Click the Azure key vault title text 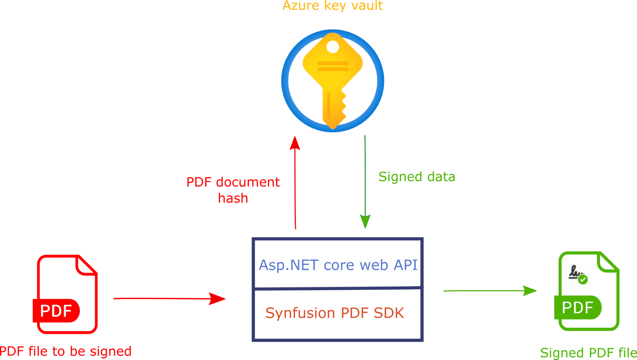[332, 6]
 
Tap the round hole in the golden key [332, 47]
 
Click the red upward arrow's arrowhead [295, 143]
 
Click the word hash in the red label [233, 198]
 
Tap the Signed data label [417, 177]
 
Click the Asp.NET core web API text [338, 265]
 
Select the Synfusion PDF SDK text [335, 313]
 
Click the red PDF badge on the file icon [56, 311]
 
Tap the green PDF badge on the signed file [578, 307]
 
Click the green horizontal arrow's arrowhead [529, 291]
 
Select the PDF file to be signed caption [65, 351]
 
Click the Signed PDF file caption [588, 353]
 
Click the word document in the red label [248, 182]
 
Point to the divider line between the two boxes [337, 288]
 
